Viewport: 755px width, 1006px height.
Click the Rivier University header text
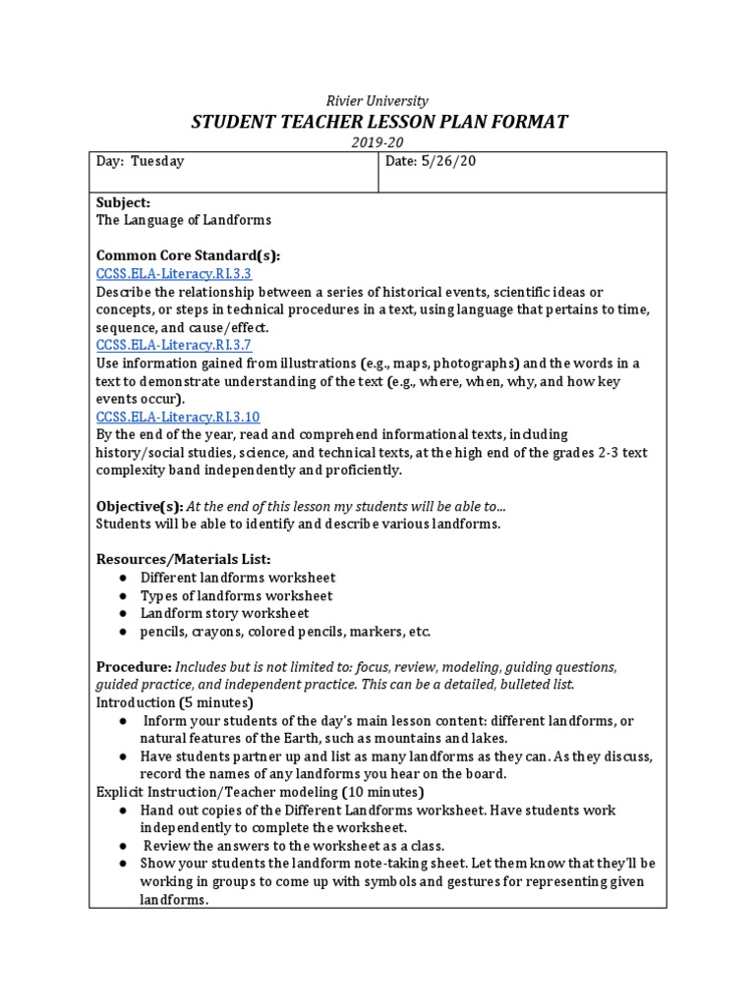pos(377,100)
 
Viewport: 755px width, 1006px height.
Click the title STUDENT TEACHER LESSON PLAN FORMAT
pos(377,122)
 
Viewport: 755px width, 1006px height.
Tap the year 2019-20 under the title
pos(377,142)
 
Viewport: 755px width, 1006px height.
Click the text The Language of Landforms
pos(183,220)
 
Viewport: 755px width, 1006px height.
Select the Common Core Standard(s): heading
pos(188,255)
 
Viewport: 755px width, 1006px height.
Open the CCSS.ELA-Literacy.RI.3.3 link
pos(174,274)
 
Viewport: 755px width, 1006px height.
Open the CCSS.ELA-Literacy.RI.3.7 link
pos(174,345)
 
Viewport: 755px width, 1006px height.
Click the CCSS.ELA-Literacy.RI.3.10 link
pos(178,417)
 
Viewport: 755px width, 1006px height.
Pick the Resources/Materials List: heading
pos(183,559)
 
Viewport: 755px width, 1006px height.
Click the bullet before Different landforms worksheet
pos(124,578)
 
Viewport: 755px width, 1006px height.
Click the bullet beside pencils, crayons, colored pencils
pos(124,632)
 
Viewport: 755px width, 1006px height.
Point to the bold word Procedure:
pos(134,667)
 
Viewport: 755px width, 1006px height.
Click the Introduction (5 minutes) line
pos(175,703)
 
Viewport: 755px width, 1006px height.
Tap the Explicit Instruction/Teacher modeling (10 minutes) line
pos(260,792)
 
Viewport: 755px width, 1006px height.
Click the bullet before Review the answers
pos(124,846)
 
